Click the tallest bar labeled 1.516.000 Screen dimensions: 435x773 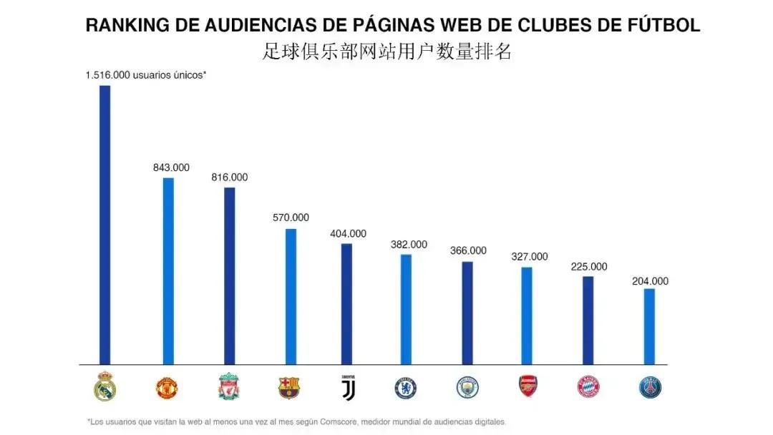click(x=104, y=225)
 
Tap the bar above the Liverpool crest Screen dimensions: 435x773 click(x=229, y=275)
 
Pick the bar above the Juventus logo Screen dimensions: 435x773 click(x=346, y=303)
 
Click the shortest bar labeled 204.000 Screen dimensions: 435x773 click(x=649, y=326)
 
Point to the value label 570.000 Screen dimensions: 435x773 click(x=291, y=217)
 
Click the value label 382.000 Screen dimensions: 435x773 click(x=409, y=245)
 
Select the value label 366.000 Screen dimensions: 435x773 click(x=468, y=251)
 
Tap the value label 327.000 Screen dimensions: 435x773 click(x=530, y=257)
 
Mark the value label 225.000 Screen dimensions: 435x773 click(x=589, y=267)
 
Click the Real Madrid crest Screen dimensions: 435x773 click(x=104, y=386)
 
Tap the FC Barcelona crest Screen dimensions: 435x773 click(x=288, y=388)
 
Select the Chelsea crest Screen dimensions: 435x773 click(x=406, y=388)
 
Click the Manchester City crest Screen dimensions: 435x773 click(x=467, y=388)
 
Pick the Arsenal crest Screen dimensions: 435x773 click(x=528, y=386)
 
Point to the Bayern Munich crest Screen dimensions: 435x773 click(x=588, y=388)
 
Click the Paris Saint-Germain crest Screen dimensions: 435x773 click(x=650, y=388)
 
